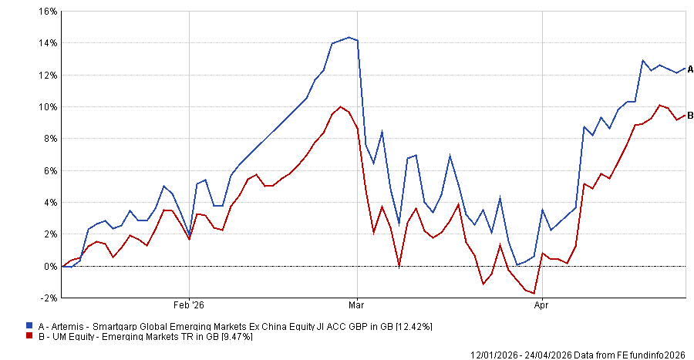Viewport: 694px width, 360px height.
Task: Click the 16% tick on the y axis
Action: (49, 12)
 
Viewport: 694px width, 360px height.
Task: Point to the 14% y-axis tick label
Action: (49, 43)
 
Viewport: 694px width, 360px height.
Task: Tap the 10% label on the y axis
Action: (49, 107)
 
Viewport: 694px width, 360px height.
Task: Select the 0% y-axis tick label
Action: (51, 266)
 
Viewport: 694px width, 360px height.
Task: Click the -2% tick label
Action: (49, 298)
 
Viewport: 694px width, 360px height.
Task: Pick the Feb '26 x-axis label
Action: (189, 304)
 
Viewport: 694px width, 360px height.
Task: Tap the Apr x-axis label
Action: (542, 304)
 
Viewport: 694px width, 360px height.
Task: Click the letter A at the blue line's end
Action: (691, 69)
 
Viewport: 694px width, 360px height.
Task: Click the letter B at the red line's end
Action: (691, 116)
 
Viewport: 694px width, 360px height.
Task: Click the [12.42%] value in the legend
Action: (413, 327)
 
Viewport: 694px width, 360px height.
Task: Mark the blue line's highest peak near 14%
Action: (349, 37)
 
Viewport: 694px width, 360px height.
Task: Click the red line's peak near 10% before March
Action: (340, 106)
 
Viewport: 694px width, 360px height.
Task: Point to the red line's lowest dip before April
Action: (534, 294)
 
